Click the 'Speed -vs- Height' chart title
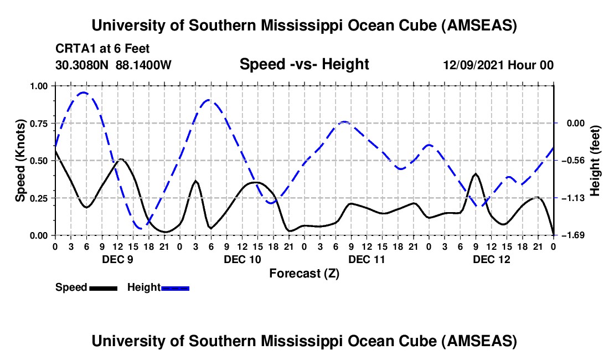coord(304,64)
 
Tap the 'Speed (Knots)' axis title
coord(20,161)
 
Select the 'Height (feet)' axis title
coord(595,161)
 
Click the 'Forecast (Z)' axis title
coord(304,273)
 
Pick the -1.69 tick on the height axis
coord(570,235)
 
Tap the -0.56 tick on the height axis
coord(570,161)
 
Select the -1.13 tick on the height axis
coord(570,198)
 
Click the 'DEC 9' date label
coord(117,259)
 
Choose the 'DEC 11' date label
coord(367,259)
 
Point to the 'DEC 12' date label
coord(491,259)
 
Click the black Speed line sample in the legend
coord(103,287)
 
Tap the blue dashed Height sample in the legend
coord(175,287)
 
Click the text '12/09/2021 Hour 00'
coord(498,65)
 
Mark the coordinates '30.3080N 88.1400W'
coord(113,65)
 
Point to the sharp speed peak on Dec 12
coord(476,174)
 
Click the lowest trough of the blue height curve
coord(141,228)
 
